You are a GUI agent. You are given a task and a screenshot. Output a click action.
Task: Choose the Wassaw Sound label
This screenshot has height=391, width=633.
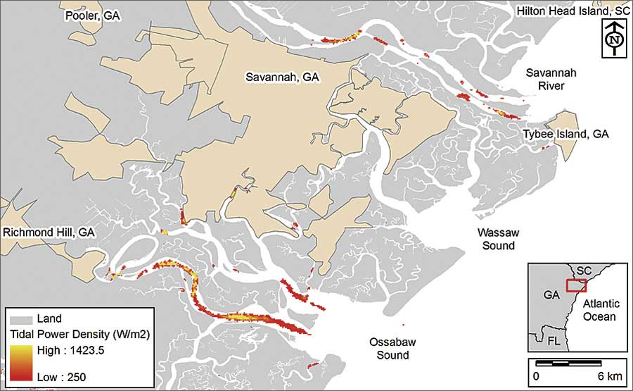click(x=495, y=238)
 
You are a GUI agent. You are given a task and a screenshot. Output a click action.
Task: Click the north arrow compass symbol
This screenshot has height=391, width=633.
click(x=614, y=39)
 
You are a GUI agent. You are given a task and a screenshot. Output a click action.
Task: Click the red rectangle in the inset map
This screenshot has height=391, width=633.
click(x=576, y=285)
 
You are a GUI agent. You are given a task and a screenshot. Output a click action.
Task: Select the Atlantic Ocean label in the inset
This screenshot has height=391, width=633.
click(x=600, y=311)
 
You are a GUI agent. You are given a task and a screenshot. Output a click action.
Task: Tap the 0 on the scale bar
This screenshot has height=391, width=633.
click(x=536, y=375)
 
